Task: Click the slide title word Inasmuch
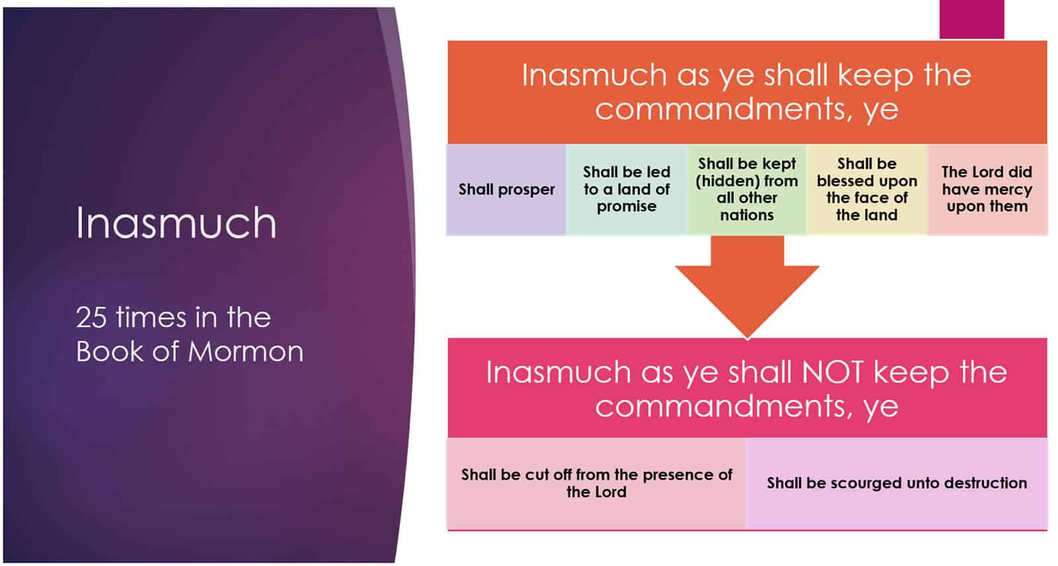click(x=176, y=223)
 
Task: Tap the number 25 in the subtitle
click(x=91, y=317)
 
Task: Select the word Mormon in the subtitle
click(x=245, y=352)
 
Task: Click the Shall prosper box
click(x=507, y=190)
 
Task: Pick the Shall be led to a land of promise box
click(x=626, y=190)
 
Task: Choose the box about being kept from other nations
click(x=747, y=190)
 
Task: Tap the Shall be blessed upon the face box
click(x=867, y=190)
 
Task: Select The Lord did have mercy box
click(x=987, y=190)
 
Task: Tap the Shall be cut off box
click(x=596, y=483)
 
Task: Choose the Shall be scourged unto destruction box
click(x=897, y=483)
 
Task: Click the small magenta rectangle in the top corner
click(x=971, y=19)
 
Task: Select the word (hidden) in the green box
click(x=723, y=181)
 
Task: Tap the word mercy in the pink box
click(x=1011, y=190)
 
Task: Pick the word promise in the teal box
click(x=626, y=207)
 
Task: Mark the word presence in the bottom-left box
click(x=674, y=475)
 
